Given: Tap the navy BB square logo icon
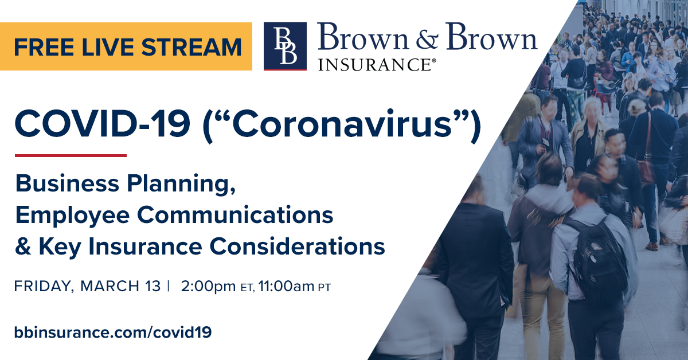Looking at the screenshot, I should tap(285, 46).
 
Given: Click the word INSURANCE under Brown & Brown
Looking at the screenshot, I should tap(376, 64).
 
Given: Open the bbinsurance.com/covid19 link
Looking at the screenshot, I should tap(113, 331).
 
